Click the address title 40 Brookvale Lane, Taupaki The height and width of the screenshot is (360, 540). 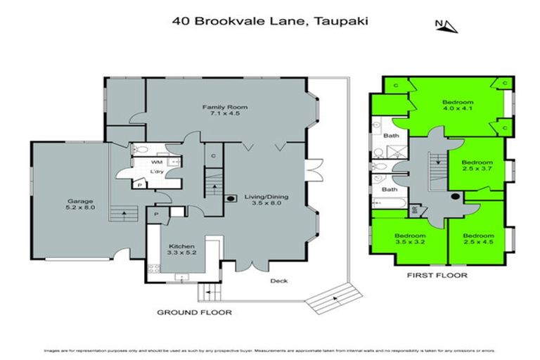point(271,20)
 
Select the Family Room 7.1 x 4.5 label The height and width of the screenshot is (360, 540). point(225,111)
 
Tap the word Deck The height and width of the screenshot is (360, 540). point(279,281)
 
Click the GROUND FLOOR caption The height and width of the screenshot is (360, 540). point(194,311)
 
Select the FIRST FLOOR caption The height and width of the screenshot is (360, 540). point(437,276)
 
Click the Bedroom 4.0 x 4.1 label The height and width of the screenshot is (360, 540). point(459,105)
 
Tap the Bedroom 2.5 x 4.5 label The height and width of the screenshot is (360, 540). point(479,240)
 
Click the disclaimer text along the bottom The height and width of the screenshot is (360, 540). point(270,349)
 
